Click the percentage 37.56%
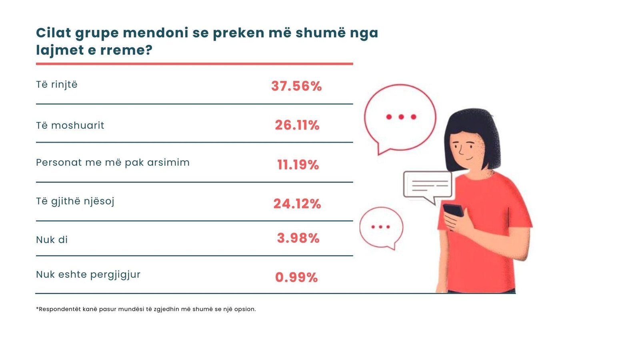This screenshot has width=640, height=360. click(296, 86)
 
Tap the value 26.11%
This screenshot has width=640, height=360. click(297, 125)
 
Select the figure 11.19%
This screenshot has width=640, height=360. click(298, 164)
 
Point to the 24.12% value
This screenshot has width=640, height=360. click(297, 204)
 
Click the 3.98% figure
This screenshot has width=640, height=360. click(298, 238)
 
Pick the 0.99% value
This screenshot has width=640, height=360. click(296, 277)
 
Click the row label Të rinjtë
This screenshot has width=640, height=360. click(57, 85)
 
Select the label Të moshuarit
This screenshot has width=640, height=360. click(70, 126)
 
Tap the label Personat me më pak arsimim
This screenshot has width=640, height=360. click(113, 163)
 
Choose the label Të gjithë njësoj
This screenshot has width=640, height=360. click(75, 201)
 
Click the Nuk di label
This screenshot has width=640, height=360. click(52, 240)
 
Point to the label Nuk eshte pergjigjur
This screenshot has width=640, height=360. click(88, 275)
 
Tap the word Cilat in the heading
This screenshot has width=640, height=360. click(54, 32)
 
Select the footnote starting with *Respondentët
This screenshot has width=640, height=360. click(146, 309)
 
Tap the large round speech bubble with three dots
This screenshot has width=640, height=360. click(400, 117)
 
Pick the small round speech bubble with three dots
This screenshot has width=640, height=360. click(381, 227)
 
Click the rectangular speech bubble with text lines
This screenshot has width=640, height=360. click(428, 185)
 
